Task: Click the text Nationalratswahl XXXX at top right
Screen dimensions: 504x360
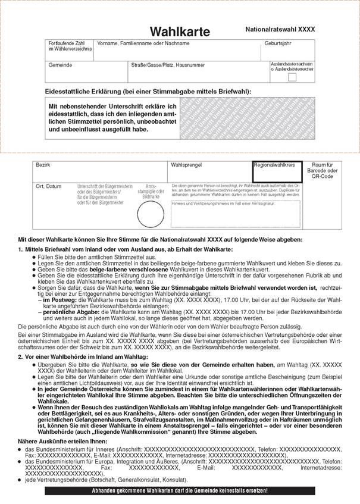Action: pos(280,29)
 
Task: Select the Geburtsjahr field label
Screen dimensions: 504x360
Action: pos(278,44)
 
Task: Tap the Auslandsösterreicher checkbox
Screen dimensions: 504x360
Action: pos(292,77)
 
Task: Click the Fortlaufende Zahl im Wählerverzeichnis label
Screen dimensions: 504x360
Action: pos(70,46)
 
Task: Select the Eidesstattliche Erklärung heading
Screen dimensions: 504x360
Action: pos(148,92)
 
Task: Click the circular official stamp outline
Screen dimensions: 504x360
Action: pos(150,214)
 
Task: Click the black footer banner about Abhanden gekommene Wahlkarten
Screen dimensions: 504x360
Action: pos(180,490)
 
